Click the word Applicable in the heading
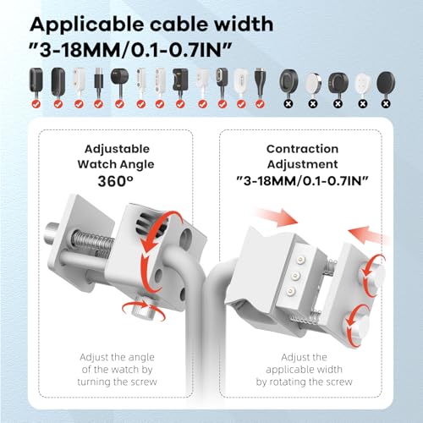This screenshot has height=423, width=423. coord(87,25)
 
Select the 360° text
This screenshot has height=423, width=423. coord(115,181)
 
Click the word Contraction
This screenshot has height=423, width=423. coord(302,149)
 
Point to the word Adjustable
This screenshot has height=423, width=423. coord(117,150)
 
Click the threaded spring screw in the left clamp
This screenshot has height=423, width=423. coord(93,242)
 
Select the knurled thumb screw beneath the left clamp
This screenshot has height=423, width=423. coord(142,310)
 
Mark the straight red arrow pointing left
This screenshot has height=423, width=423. coord(369,234)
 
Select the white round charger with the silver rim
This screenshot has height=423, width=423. coord(312,82)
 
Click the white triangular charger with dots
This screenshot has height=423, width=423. coord(362,83)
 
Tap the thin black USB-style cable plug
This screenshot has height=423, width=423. coord(98,82)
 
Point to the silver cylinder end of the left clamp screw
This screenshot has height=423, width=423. coord(52,234)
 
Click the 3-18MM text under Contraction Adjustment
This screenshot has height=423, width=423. coord(267,181)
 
